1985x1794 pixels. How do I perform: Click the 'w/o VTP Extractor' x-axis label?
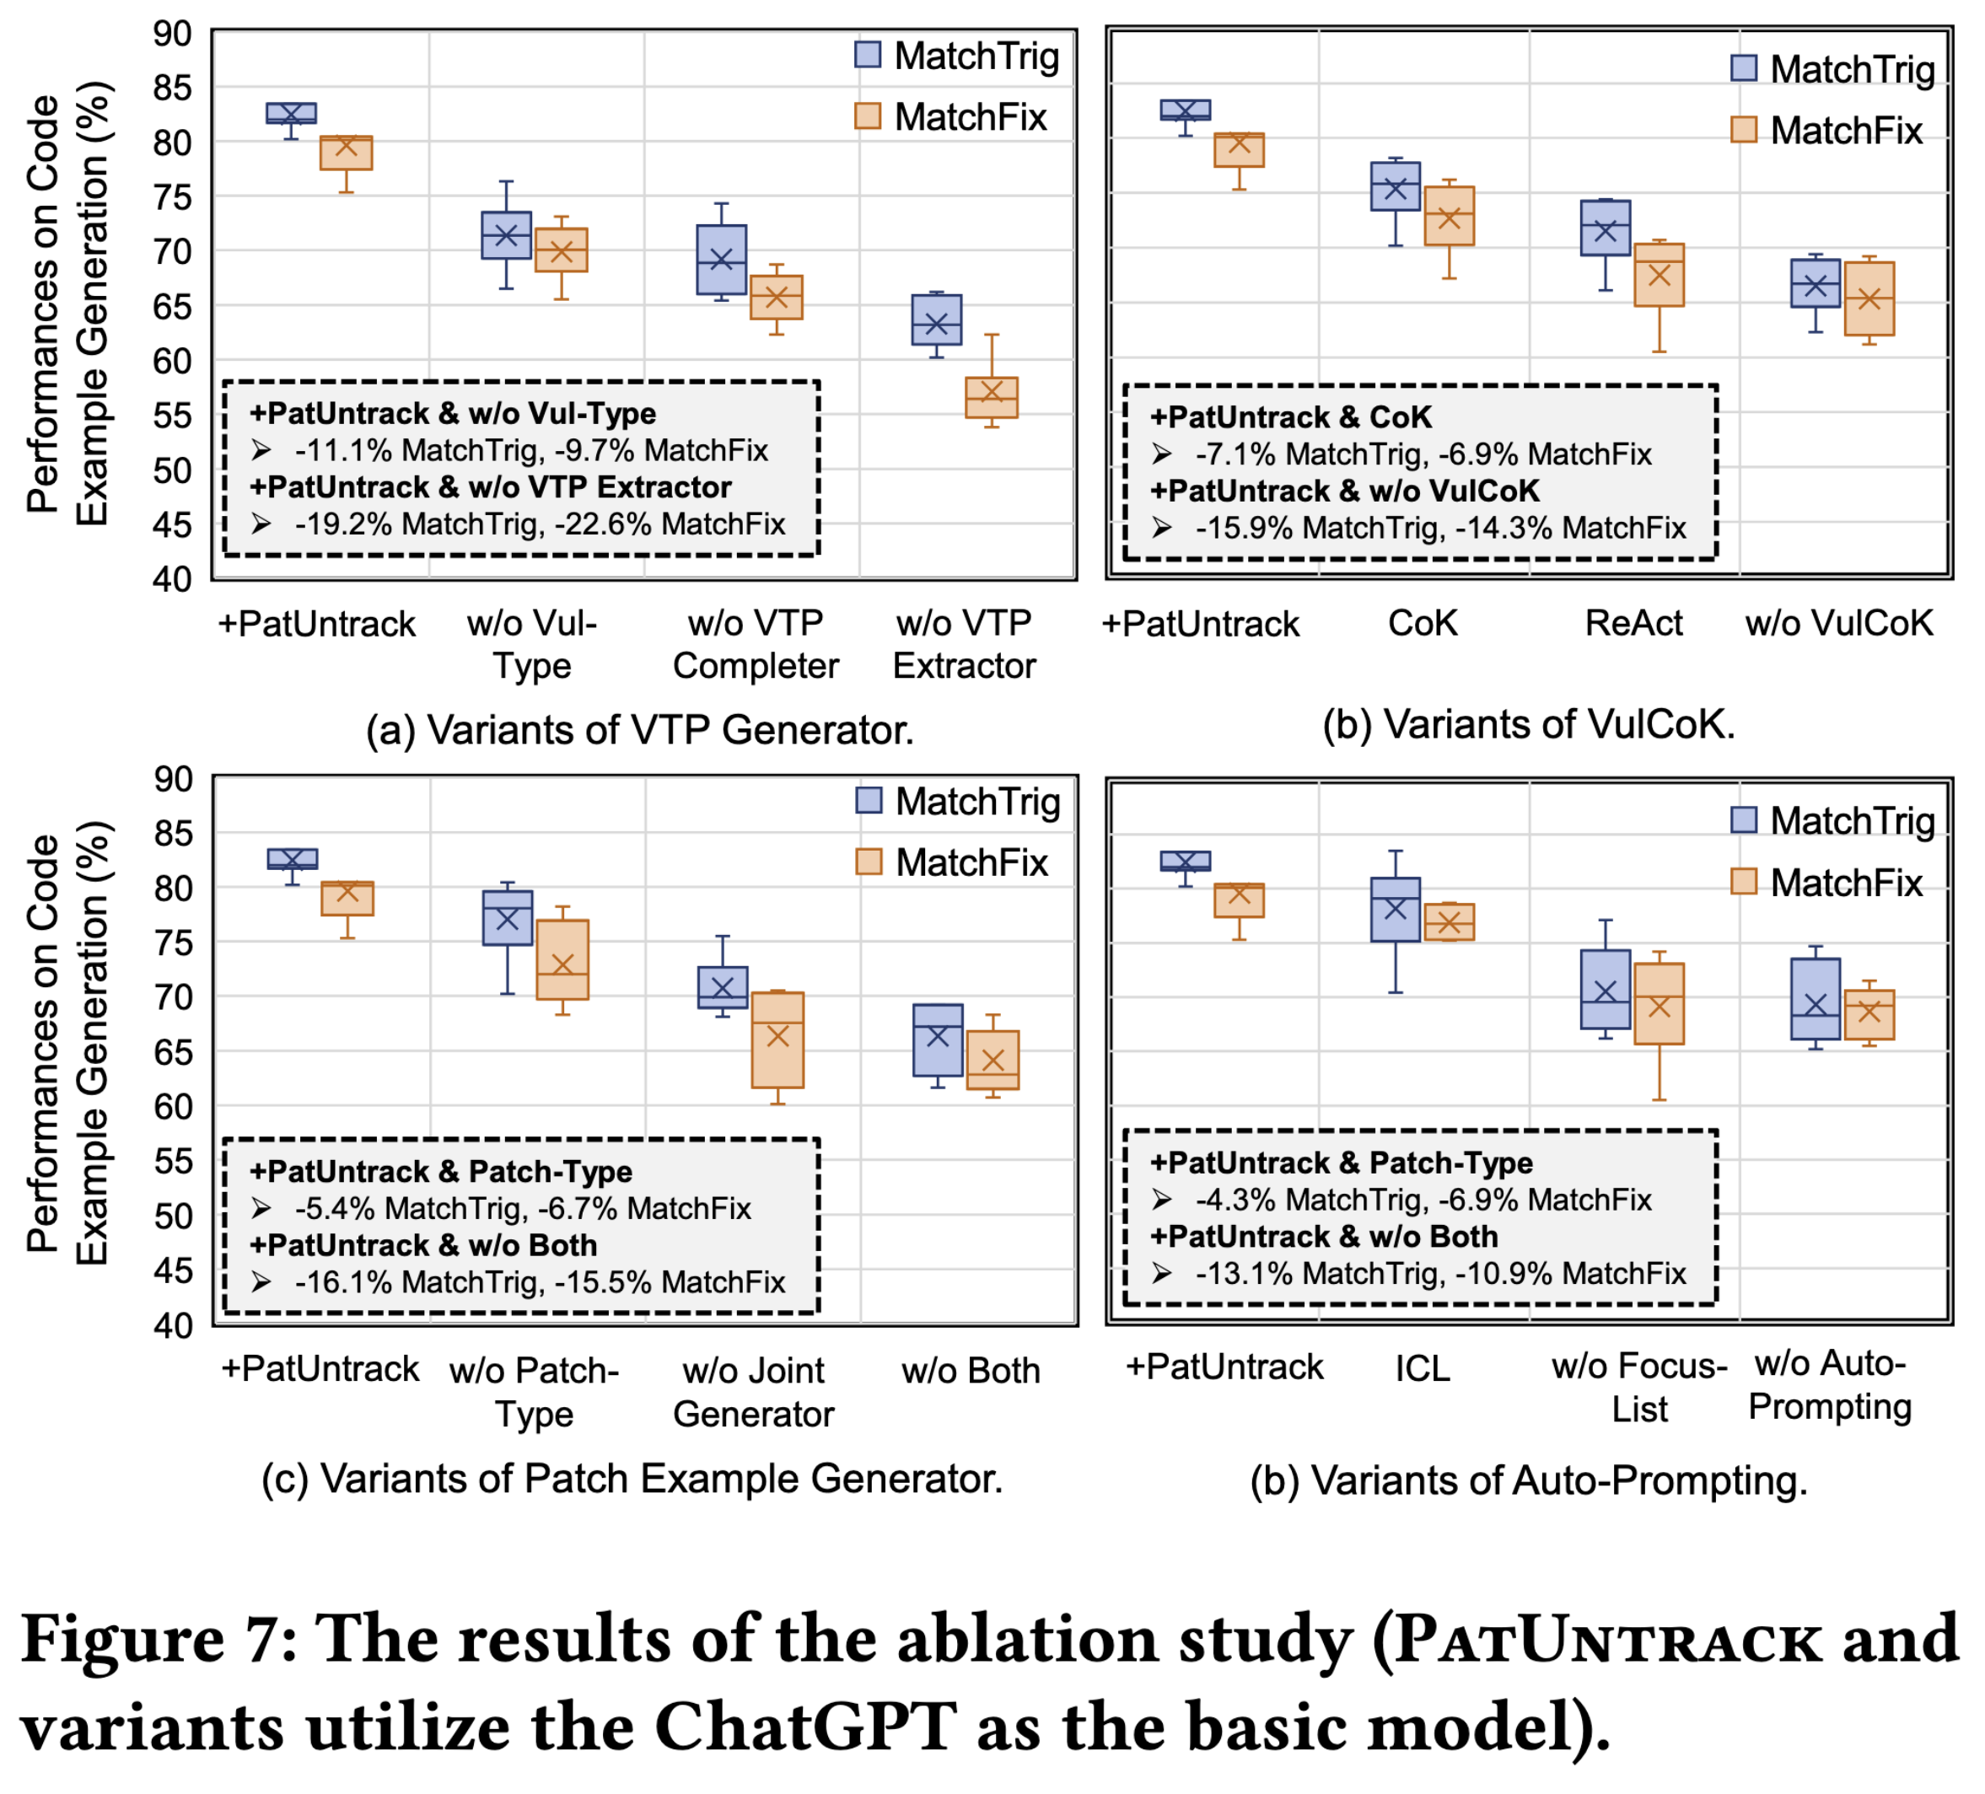[964, 644]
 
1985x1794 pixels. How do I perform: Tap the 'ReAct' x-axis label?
[1633, 623]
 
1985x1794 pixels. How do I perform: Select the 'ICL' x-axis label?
[1422, 1368]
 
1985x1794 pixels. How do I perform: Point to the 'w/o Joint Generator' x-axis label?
[753, 1391]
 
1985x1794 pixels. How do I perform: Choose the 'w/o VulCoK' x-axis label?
[1839, 623]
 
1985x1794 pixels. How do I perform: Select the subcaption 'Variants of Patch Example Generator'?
[632, 1479]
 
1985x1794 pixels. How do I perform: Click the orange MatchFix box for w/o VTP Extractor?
[992, 398]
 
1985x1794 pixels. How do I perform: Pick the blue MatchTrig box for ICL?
[1396, 910]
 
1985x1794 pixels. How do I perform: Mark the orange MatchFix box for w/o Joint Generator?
[777, 1039]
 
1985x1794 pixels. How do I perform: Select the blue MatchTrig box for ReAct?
[1605, 228]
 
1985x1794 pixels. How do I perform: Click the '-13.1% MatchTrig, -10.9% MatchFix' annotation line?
[1440, 1274]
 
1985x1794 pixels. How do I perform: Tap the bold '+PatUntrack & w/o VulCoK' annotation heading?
[1344, 491]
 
